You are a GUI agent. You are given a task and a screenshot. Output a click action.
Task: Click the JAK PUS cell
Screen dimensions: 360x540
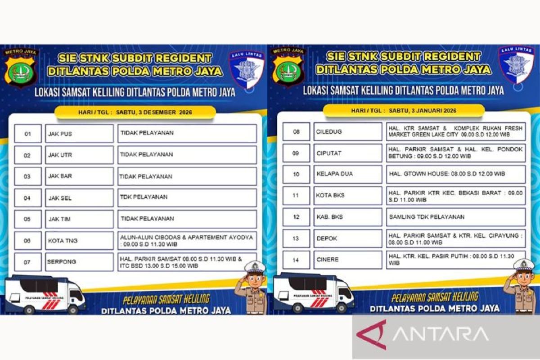point(79,134)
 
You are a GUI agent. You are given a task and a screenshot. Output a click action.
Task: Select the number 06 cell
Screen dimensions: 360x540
point(27,241)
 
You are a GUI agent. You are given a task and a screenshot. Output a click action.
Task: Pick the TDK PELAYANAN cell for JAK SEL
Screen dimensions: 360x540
point(187,198)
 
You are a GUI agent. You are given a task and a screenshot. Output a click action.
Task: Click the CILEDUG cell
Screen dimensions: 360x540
point(347,131)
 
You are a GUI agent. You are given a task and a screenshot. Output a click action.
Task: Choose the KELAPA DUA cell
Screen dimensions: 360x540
point(347,174)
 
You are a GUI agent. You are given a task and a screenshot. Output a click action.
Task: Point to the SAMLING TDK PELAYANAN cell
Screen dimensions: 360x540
point(455,217)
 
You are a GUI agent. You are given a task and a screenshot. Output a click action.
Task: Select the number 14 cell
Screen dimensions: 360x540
point(296,260)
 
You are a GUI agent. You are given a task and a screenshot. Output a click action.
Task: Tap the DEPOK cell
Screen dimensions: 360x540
point(347,238)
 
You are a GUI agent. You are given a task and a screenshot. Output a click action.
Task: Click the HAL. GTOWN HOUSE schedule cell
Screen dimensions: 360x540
point(455,174)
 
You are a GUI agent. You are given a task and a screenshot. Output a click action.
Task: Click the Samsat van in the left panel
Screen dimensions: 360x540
point(45,295)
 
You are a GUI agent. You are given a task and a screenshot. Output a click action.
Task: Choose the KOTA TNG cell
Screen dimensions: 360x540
point(79,241)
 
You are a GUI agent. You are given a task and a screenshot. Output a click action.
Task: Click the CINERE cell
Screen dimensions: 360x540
point(347,260)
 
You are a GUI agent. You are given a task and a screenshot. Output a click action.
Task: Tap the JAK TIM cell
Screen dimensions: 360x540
point(79,219)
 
